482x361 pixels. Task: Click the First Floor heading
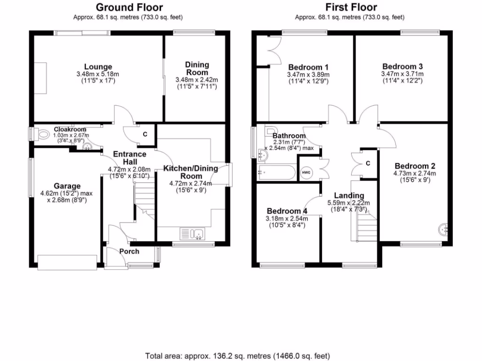click(350, 7)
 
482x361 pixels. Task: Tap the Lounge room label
click(98, 67)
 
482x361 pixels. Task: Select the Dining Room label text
click(197, 69)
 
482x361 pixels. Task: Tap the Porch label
click(129, 251)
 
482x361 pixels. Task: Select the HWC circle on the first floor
click(305, 173)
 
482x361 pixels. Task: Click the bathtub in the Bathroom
click(276, 173)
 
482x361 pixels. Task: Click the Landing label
click(349, 196)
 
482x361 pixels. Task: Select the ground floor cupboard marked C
click(145, 134)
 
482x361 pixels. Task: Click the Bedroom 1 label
click(308, 67)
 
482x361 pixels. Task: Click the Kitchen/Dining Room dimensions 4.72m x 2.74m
click(190, 184)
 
